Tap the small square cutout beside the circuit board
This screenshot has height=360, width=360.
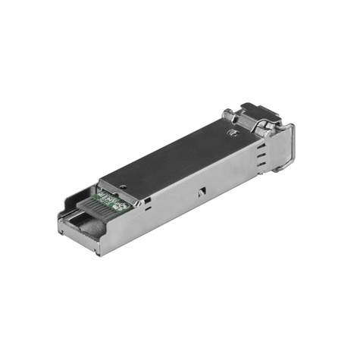pos(147,202)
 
